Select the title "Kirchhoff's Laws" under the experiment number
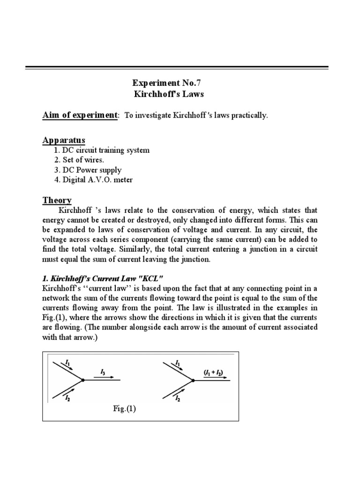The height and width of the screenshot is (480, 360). click(169, 94)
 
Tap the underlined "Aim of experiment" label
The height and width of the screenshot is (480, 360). click(80, 115)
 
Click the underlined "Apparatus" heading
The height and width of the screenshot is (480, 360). click(64, 140)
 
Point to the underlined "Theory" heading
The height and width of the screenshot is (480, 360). click(57, 200)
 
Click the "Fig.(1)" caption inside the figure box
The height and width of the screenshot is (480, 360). click(124, 408)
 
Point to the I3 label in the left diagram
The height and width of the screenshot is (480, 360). click(103, 372)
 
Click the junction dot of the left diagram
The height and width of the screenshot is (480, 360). click(83, 380)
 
